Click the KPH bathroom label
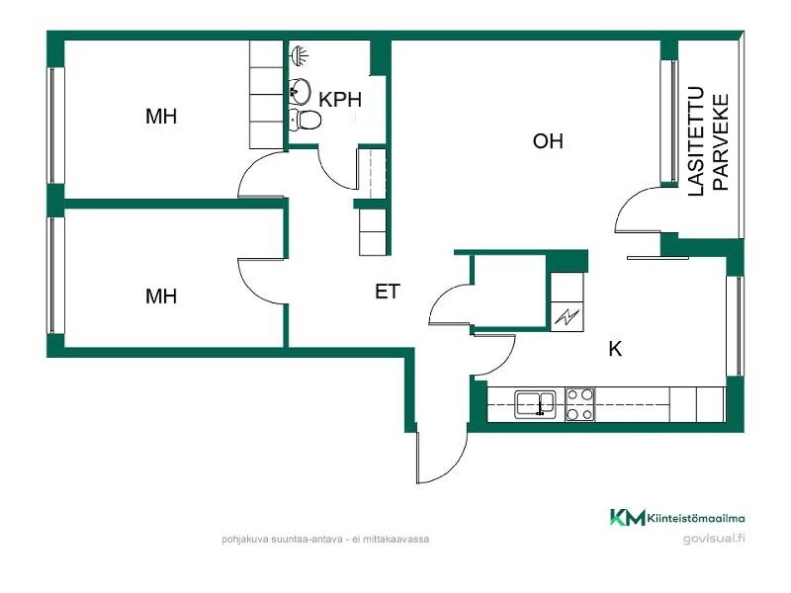[340, 100]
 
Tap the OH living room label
[548, 141]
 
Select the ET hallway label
[388, 292]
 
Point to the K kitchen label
[615, 349]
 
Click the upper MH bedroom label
[161, 117]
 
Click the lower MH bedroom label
[161, 296]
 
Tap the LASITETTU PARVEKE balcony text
[708, 141]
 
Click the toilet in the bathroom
[306, 120]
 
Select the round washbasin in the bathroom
[300, 91]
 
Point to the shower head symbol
[300, 55]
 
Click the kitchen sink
[535, 404]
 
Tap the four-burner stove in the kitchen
[580, 404]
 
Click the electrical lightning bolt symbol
[567, 317]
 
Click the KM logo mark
[627, 517]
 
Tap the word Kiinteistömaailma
[696, 518]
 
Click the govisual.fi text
[714, 539]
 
